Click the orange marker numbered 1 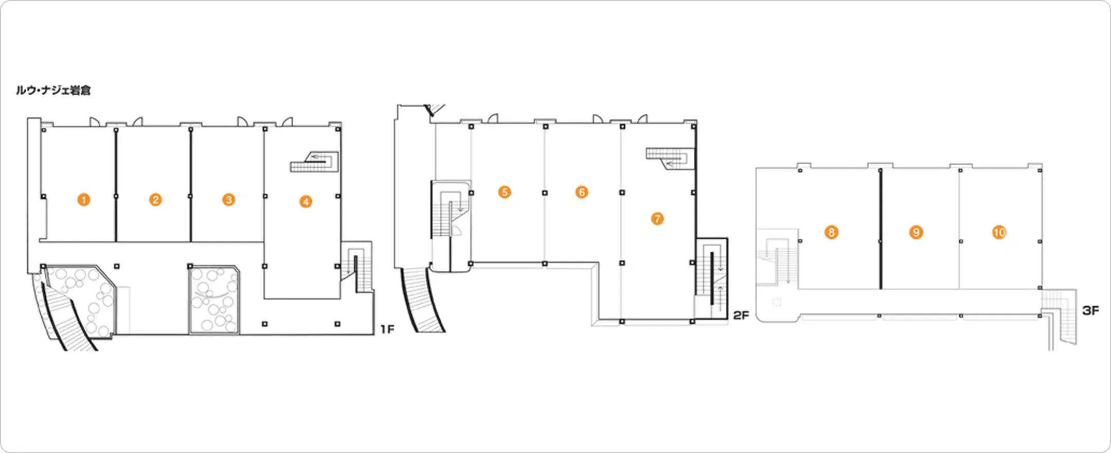[84, 200]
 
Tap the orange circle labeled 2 [155, 200]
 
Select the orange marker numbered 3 [229, 200]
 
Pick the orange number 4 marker [306, 202]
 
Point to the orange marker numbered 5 [505, 193]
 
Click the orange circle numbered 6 [582, 193]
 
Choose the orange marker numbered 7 [657, 219]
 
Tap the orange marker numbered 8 [831, 233]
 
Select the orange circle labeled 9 [916, 233]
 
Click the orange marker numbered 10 [999, 233]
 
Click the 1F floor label [387, 329]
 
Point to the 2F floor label [741, 315]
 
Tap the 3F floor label [1090, 310]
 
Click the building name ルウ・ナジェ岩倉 [53, 91]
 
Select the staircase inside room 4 [314, 162]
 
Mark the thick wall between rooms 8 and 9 [881, 229]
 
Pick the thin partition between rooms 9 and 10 [960, 229]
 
